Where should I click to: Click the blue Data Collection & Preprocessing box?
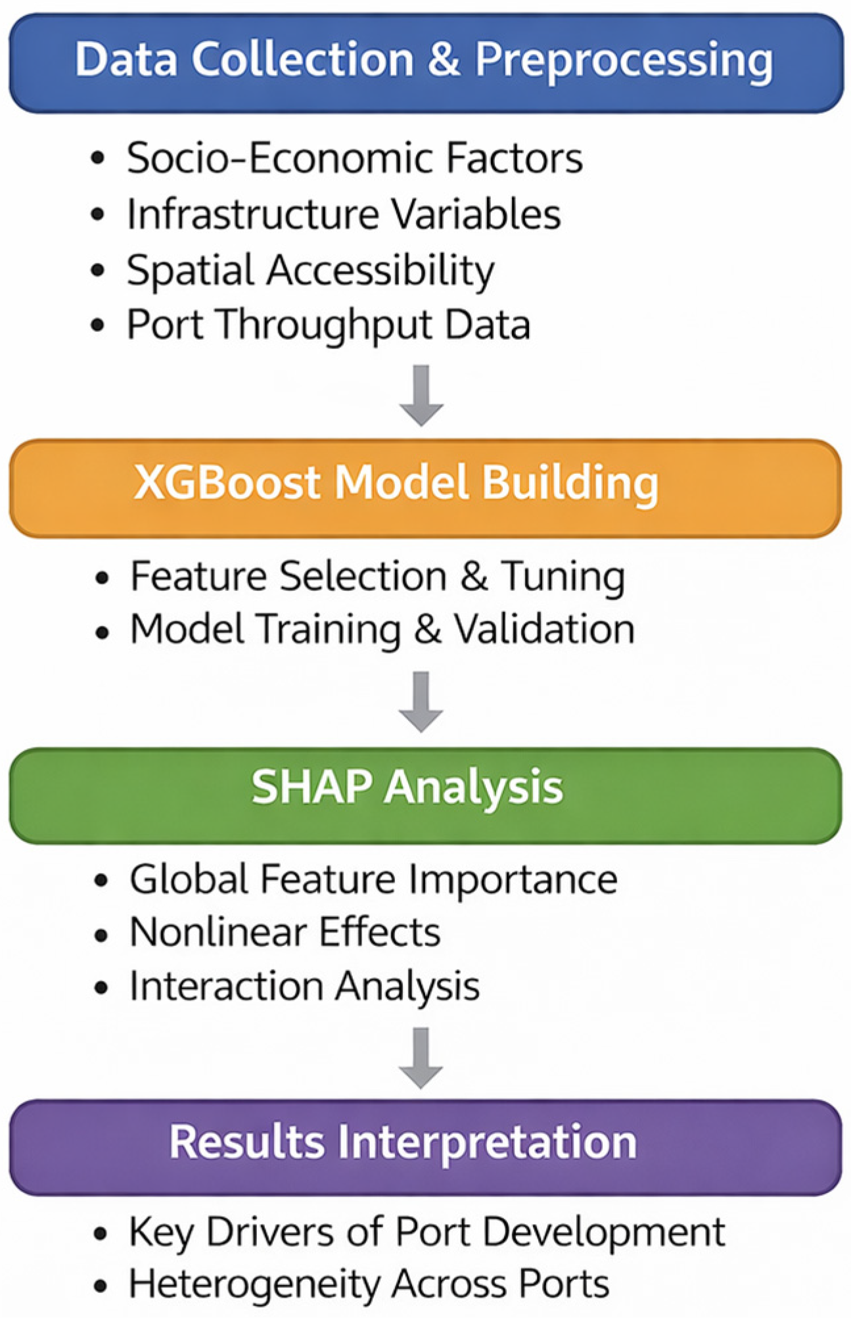[425, 63]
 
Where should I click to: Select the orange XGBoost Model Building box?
[425, 488]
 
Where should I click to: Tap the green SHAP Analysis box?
[425, 795]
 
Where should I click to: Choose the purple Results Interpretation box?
[425, 1147]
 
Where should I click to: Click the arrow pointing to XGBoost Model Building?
[421, 396]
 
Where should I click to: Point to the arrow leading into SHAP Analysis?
[421, 702]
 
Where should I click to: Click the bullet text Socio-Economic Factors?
[355, 158]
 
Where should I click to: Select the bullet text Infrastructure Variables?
[344, 214]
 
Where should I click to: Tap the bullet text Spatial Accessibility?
[311, 271]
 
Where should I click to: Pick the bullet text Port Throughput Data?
[329, 326]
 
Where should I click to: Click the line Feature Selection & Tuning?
[378, 577]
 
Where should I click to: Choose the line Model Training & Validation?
[382, 630]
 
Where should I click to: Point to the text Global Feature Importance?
[374, 880]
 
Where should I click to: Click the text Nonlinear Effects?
[285, 932]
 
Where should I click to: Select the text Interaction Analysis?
[305, 987]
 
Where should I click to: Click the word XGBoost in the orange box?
[227, 482]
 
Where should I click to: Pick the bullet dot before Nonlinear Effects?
[101, 934]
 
